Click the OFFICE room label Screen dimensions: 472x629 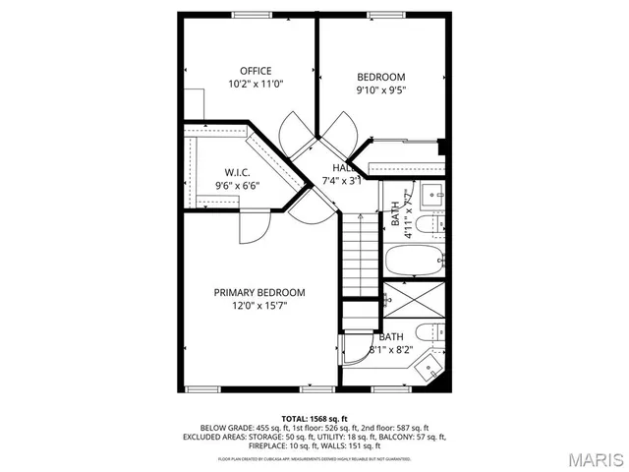tap(256, 71)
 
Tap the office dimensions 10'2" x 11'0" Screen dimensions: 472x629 tap(256, 85)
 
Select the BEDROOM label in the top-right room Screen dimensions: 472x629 tap(380, 77)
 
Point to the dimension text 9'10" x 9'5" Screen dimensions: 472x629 tap(380, 90)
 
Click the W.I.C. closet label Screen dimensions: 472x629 tap(238, 172)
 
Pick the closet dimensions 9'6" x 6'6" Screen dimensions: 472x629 tap(238, 185)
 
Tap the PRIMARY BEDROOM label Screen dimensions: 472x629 tap(260, 293)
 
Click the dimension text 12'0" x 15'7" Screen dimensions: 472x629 tap(260, 306)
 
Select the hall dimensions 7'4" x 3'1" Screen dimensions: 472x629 tap(343, 181)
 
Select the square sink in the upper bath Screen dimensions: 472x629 tap(433, 197)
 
